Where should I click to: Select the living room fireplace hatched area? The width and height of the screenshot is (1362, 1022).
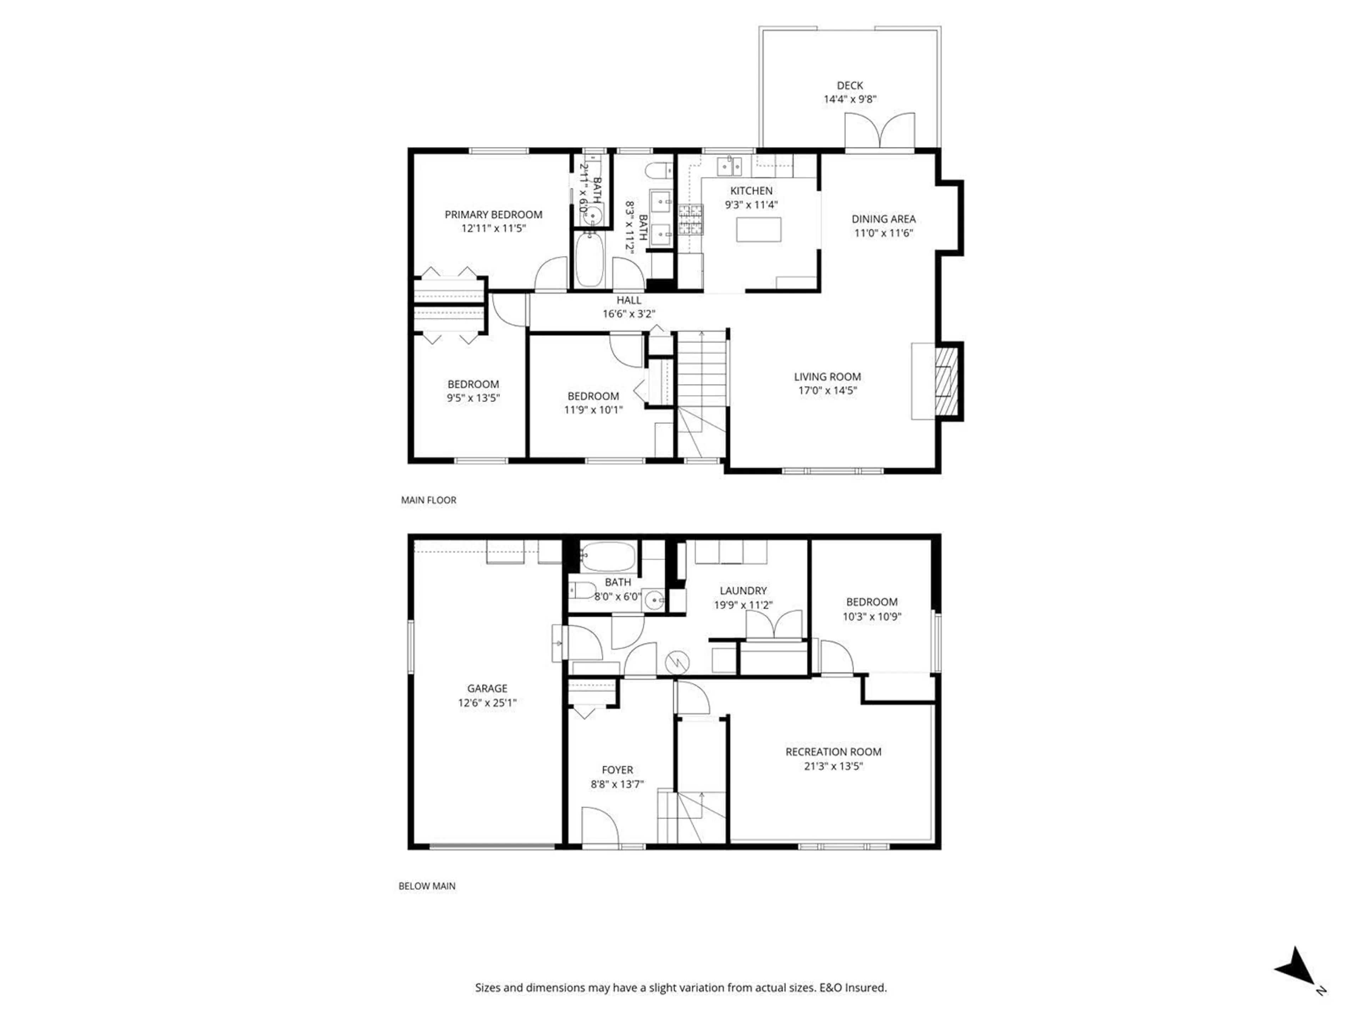pos(946,381)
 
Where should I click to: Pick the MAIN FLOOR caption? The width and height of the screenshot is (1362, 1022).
pos(428,500)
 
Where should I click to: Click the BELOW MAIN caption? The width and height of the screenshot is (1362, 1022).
pos(427,886)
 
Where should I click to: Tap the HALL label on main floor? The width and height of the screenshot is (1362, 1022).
pos(629,300)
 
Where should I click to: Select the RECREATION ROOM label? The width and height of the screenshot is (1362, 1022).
pos(833,752)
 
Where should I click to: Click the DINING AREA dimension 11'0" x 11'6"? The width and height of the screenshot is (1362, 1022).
pos(883,233)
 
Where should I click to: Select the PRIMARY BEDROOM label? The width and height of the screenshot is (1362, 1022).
pos(493,214)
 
